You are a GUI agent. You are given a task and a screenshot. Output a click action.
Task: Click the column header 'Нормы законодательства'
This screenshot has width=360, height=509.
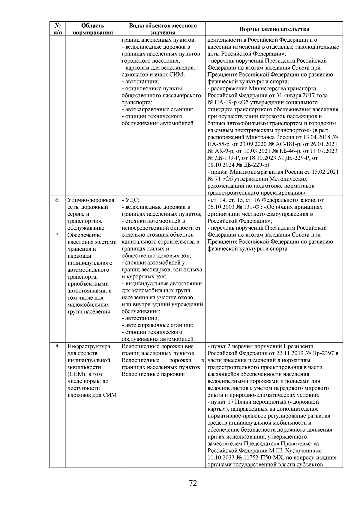(x=274, y=29)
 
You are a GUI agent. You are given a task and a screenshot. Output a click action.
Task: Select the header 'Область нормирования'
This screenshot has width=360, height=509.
(x=93, y=29)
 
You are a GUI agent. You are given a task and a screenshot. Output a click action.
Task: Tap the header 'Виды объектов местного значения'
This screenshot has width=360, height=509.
(x=163, y=29)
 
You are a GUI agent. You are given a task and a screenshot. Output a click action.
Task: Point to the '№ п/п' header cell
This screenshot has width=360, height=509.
(x=57, y=29)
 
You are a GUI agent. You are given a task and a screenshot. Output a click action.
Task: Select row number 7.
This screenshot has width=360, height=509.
(x=57, y=235)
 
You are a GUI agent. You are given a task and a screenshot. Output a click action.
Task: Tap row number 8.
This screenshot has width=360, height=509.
(x=57, y=346)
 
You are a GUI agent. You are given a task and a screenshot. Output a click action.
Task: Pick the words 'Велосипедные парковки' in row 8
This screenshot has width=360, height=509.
(x=153, y=374)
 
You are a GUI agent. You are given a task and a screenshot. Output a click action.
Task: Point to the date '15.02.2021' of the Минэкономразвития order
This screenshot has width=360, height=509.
(x=325, y=172)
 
